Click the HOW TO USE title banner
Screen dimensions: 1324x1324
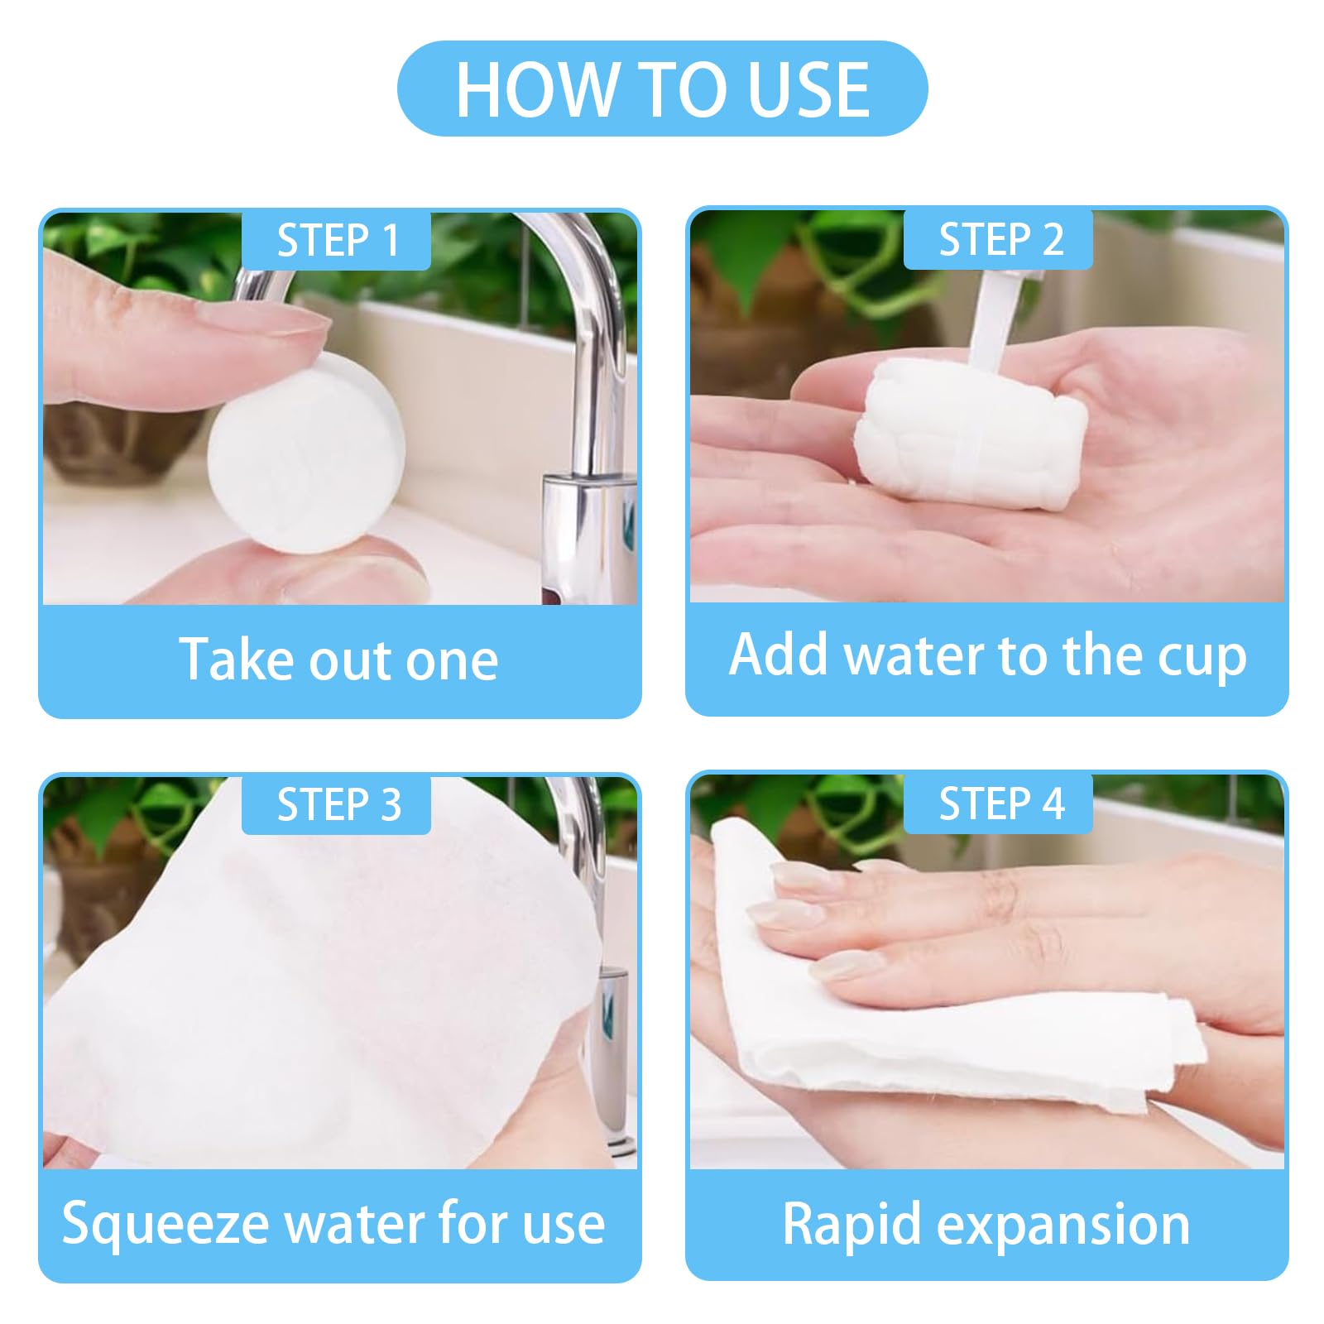pos(662,89)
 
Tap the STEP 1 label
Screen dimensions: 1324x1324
pos(336,240)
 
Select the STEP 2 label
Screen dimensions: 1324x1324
pos(999,239)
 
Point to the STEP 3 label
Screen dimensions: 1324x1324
pos(336,804)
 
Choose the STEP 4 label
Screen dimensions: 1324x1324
pos(999,804)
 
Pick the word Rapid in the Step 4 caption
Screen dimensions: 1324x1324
pos(851,1226)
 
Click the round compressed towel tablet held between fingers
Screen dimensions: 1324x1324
pos(306,452)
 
